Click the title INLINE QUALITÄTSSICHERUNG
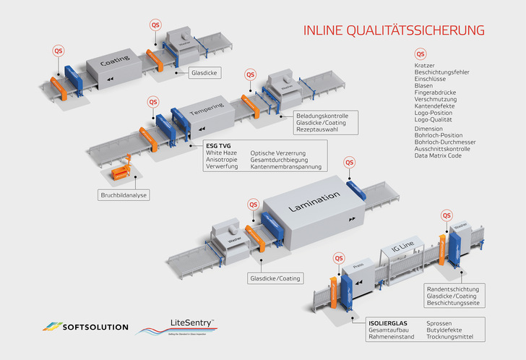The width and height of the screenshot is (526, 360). point(394,30)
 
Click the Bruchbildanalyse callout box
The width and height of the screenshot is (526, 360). point(124,194)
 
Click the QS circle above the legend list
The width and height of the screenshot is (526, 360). point(421,54)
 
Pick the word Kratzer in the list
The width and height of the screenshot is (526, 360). point(425,66)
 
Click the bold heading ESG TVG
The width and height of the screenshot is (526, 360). point(218,145)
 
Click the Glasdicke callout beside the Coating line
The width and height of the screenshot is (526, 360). point(205,73)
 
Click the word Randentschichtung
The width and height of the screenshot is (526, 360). point(453,288)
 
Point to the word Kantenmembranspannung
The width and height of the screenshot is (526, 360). point(287,167)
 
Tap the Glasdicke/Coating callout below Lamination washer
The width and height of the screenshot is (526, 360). point(275,278)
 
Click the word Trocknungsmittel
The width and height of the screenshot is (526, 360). point(452,337)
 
